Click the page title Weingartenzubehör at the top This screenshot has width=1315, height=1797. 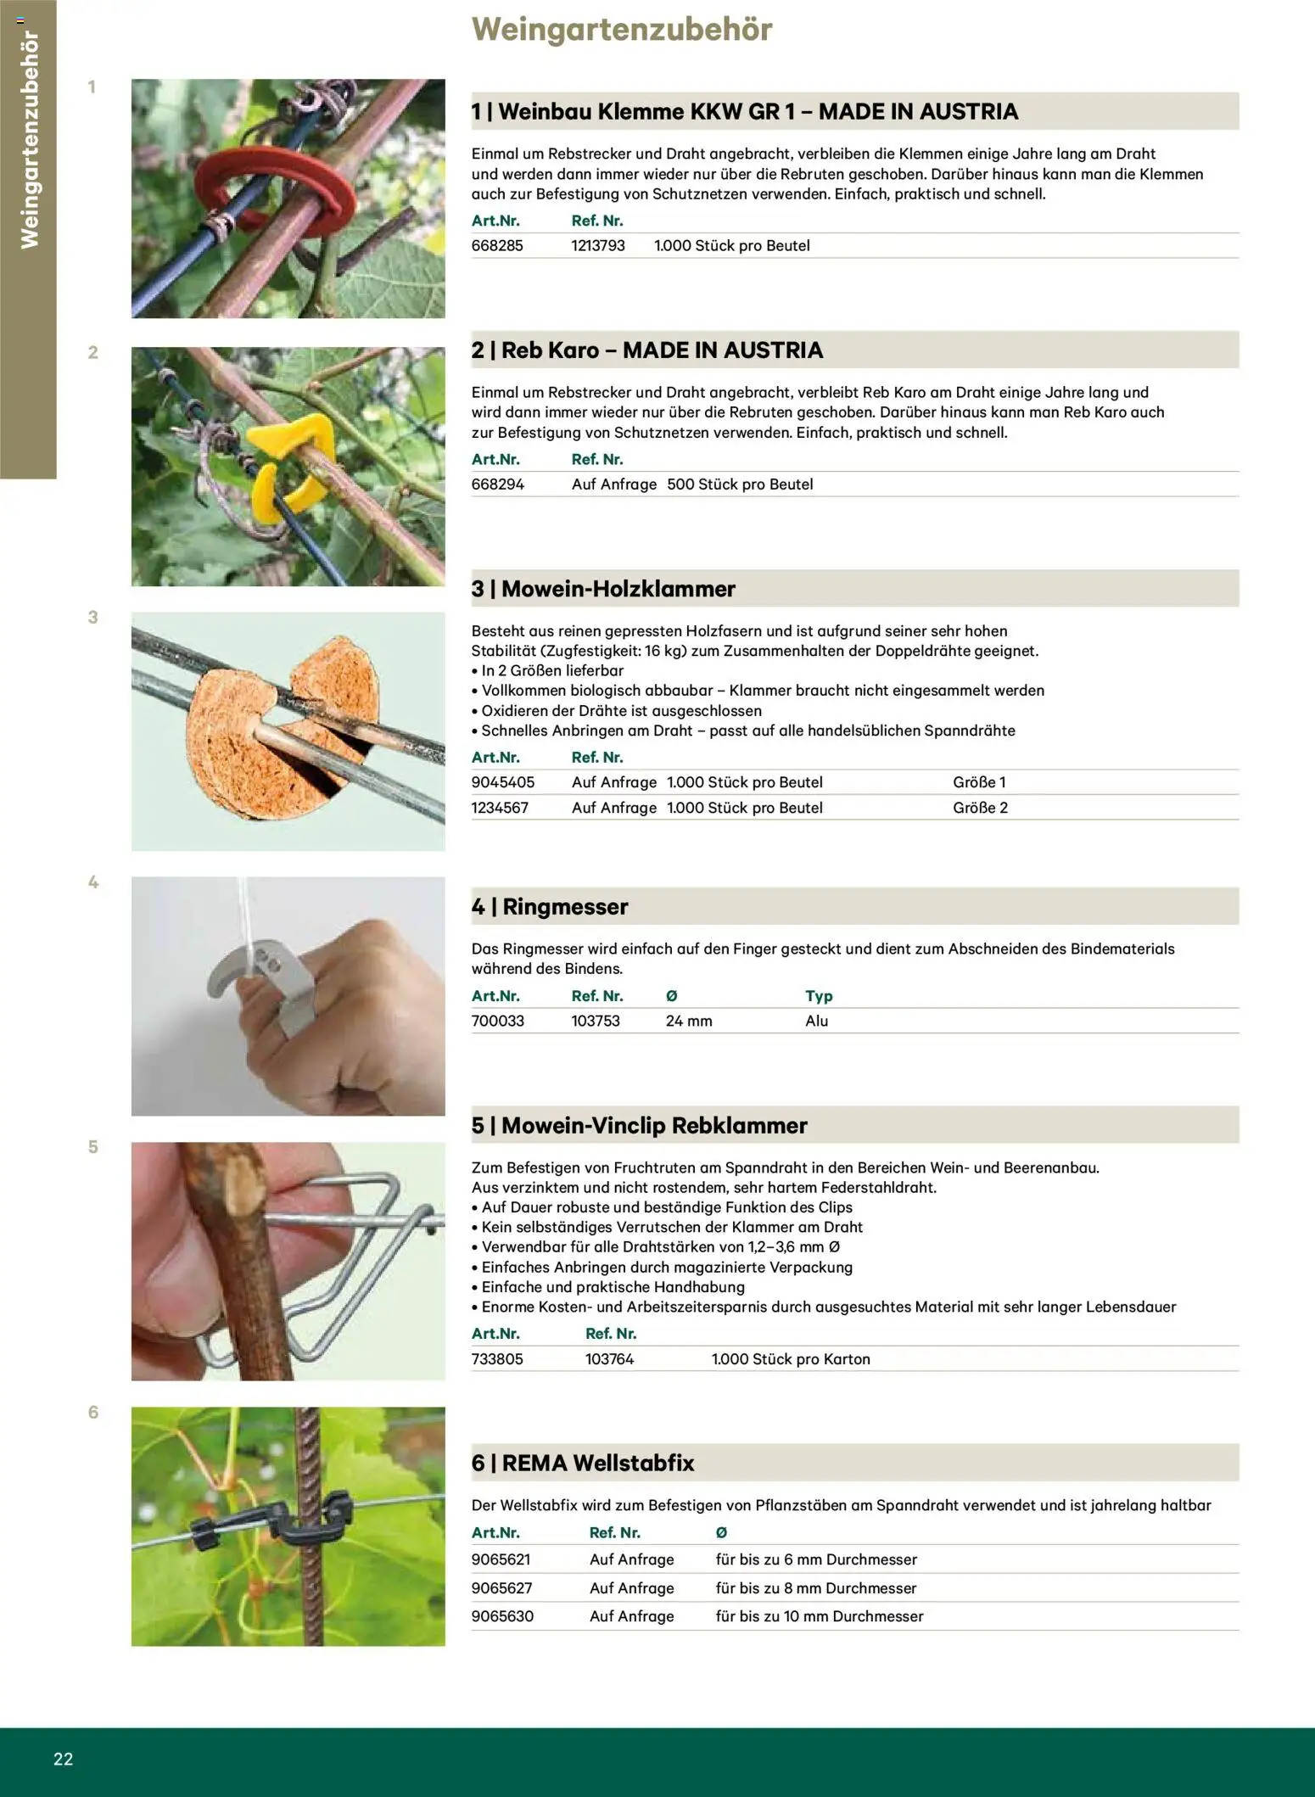621,30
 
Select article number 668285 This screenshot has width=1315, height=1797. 497,246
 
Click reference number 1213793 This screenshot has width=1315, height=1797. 597,246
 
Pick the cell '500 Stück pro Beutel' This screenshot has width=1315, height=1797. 739,484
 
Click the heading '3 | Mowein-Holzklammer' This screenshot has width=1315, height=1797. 603,589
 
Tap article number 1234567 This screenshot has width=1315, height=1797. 500,808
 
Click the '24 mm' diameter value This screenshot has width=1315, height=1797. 688,1022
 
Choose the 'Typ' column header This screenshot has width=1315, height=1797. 818,996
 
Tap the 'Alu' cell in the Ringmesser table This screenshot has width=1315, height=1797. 816,1022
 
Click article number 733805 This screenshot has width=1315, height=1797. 497,1359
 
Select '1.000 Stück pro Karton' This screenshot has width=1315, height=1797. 790,1359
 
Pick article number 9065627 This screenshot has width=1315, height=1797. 501,1588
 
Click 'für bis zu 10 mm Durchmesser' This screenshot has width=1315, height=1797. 819,1616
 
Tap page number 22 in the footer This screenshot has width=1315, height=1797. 64,1759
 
